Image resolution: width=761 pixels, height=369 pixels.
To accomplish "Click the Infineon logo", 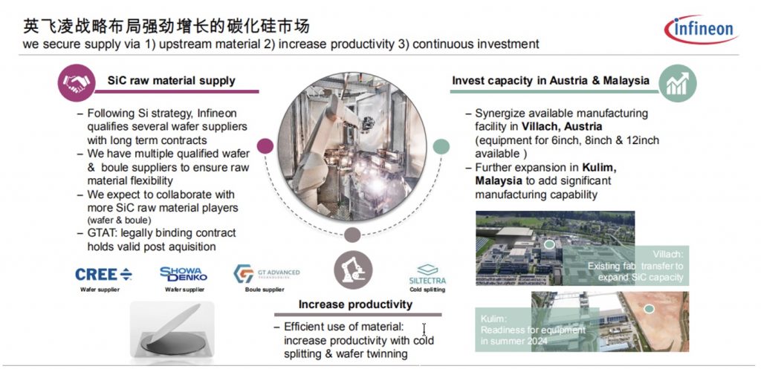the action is click(701, 30).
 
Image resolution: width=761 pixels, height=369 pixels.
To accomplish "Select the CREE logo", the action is click(103, 275).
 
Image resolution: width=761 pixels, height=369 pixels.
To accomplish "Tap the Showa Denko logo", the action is click(184, 274).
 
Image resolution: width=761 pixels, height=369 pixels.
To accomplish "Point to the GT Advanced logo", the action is click(266, 273).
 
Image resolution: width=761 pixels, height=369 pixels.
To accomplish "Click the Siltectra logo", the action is click(427, 274).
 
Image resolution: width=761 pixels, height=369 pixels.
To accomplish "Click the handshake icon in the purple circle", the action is click(77, 83).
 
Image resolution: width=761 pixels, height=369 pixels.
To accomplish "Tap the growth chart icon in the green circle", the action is click(678, 83).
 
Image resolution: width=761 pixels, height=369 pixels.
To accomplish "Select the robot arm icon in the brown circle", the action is click(353, 270).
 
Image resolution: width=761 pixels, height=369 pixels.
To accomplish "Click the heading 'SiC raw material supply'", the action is click(172, 80).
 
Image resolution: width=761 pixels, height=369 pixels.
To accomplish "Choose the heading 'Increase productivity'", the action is click(355, 304).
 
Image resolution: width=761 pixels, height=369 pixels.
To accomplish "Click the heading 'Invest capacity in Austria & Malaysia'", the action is click(551, 80).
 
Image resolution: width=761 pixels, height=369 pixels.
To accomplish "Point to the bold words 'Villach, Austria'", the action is click(562, 126).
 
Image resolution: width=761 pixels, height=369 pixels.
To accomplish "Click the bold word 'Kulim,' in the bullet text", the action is click(600, 167).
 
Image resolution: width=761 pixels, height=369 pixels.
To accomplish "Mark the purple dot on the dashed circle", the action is click(265, 146).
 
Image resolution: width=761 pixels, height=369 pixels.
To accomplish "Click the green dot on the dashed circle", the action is click(441, 146).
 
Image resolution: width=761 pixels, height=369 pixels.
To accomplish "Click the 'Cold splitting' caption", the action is click(427, 290).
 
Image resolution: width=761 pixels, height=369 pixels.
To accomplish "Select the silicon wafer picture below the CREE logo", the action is click(172, 331).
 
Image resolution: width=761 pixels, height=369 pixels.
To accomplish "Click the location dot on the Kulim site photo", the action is click(650, 309).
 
